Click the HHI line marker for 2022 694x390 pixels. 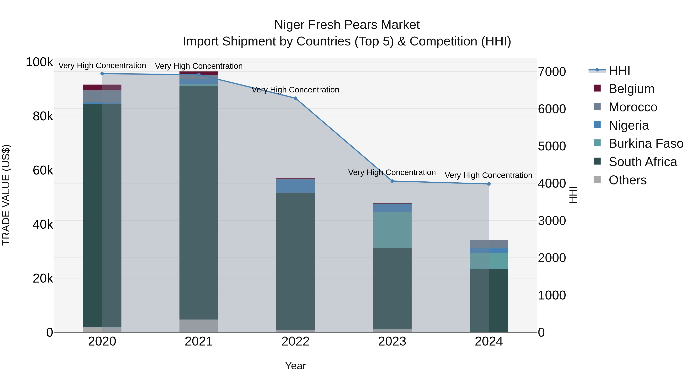(x=295, y=98)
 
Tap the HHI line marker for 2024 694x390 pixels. (x=489, y=184)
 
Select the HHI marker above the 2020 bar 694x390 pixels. (x=102, y=74)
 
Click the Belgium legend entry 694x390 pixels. (x=631, y=89)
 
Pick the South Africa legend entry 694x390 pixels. (x=642, y=162)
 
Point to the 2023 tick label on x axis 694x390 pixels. (x=392, y=341)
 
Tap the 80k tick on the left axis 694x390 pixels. (x=43, y=117)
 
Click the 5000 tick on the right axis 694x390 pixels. (x=552, y=146)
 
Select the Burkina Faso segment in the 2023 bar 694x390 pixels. (x=392, y=230)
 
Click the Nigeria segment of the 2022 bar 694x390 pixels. (x=295, y=186)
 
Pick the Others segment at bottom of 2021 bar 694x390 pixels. (x=199, y=325)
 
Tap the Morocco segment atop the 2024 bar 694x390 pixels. (x=489, y=244)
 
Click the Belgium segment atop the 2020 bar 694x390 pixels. (x=102, y=87)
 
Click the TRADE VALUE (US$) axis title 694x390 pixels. (x=6, y=195)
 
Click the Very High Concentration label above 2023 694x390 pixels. (x=392, y=173)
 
